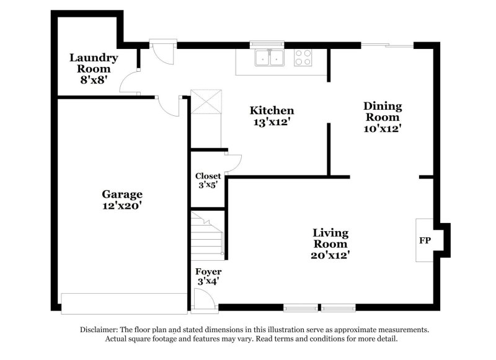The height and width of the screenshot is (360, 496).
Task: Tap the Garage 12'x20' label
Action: (123, 200)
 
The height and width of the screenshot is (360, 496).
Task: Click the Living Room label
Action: (330, 239)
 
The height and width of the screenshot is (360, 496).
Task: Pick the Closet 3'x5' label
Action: (208, 180)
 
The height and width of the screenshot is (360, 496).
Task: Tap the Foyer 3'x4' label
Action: (208, 276)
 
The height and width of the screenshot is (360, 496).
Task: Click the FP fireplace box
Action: (425, 240)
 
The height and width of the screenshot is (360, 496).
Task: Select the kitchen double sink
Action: (269, 58)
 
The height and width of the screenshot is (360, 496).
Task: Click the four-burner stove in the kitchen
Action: (303, 58)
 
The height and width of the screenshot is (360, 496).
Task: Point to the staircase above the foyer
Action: (206, 237)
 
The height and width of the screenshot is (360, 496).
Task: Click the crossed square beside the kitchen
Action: (206, 102)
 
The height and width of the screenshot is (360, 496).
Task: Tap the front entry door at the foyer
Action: (203, 302)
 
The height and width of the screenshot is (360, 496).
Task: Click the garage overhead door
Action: (123, 303)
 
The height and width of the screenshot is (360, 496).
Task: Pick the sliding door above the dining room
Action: (387, 45)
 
